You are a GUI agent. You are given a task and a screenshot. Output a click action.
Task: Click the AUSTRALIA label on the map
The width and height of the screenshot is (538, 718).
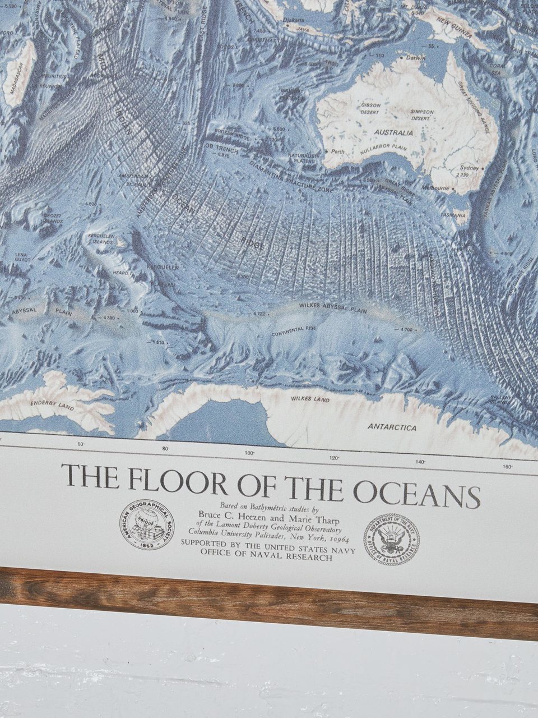(x=395, y=133)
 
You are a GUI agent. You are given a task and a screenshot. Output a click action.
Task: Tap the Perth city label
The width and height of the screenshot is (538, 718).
(x=338, y=151)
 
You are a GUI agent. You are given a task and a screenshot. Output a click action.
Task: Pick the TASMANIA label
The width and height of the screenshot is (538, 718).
(x=453, y=215)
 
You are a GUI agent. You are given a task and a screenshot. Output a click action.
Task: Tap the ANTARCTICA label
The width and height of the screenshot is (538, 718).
(x=392, y=427)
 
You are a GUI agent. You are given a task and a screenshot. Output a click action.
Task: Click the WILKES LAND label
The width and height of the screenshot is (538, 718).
(x=310, y=399)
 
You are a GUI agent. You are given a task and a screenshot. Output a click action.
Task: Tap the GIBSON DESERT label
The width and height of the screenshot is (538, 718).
(x=370, y=108)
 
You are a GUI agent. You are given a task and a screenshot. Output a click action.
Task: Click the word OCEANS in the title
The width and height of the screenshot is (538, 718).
(x=416, y=493)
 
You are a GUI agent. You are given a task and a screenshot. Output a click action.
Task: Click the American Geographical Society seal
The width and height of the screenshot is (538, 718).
(x=148, y=524)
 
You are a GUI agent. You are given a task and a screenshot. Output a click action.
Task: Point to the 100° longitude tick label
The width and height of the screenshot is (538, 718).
(x=249, y=453)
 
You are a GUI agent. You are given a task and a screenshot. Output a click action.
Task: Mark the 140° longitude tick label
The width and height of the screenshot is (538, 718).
(x=420, y=462)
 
